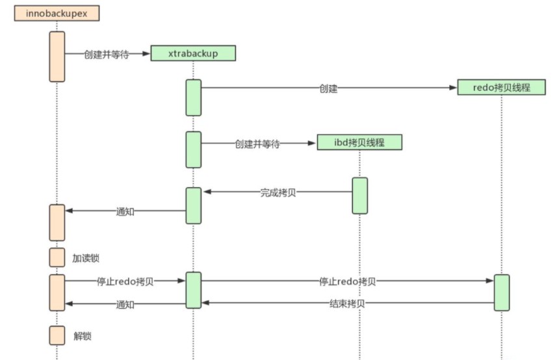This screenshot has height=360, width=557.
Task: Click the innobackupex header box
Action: [57, 14]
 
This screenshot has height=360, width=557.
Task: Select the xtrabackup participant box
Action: [193, 53]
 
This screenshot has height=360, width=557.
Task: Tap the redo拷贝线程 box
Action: [500, 87]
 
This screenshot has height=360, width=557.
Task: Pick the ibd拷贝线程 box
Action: [359, 142]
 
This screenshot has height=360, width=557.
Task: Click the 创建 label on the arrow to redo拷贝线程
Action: [328, 89]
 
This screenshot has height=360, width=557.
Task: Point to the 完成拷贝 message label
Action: [278, 192]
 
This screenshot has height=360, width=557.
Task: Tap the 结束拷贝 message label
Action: [347, 303]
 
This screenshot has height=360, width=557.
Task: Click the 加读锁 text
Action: [86, 258]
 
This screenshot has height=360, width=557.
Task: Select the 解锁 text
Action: [83, 336]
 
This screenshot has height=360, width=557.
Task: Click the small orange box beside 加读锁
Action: [57, 257]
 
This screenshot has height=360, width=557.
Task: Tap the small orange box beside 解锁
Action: [57, 335]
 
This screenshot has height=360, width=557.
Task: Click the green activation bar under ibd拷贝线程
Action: [360, 195]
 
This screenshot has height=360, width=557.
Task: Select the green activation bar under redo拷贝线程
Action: [501, 292]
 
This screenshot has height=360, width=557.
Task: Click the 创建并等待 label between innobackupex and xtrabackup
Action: [106, 54]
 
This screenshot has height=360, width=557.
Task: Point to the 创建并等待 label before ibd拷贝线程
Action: [257, 144]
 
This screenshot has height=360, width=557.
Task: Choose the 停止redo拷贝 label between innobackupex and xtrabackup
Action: [125, 281]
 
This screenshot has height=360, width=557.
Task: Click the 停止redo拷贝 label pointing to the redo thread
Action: [347, 281]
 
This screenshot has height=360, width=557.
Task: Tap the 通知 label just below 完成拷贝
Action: [125, 211]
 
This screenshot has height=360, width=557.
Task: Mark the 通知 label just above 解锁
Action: [125, 304]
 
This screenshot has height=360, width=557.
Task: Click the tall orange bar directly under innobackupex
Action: [57, 57]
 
